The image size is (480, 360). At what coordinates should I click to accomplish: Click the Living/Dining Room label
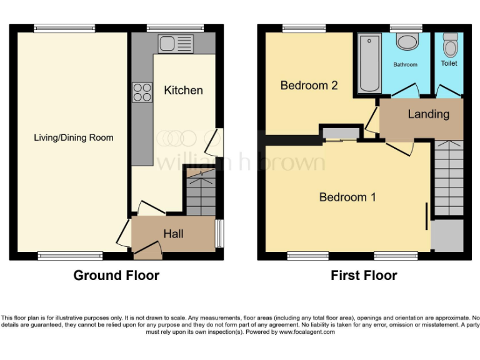click(x=74, y=137)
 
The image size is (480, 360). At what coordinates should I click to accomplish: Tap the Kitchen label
click(x=183, y=90)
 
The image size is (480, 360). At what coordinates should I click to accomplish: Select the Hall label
click(x=173, y=234)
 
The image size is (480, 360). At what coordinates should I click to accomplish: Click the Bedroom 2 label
click(x=309, y=85)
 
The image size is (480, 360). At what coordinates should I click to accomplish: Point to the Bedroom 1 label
click(x=347, y=197)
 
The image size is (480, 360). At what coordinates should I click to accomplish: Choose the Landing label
click(x=428, y=114)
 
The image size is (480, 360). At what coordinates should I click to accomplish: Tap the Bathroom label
click(x=405, y=64)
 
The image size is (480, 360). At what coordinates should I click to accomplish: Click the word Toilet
click(x=449, y=63)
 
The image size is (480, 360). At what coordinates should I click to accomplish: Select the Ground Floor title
click(x=116, y=275)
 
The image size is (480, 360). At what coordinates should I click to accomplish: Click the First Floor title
click(x=364, y=275)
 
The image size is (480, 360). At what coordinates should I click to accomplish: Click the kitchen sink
click(x=177, y=43)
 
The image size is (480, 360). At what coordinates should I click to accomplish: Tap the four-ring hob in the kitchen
click(x=142, y=92)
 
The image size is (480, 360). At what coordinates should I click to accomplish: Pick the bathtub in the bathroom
click(x=369, y=64)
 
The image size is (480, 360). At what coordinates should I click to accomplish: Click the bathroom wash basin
click(x=407, y=42)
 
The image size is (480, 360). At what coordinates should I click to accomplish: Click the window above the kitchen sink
click(x=174, y=27)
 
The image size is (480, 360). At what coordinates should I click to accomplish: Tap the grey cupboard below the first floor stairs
click(x=447, y=235)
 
